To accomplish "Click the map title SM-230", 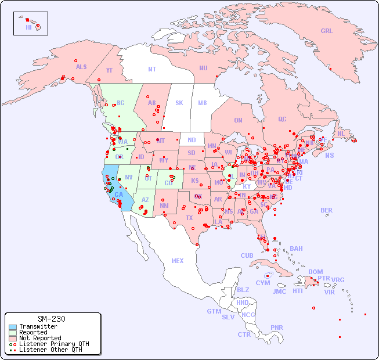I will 51,319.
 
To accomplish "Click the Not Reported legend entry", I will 40,338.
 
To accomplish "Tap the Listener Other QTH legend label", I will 50,350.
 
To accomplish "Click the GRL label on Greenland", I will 327,31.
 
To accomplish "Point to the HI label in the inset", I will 28,27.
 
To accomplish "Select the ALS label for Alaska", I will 81,67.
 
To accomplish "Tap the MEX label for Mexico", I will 178,261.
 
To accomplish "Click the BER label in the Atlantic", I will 326,210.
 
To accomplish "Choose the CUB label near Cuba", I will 247,255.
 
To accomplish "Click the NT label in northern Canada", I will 152,69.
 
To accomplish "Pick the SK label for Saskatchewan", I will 179,103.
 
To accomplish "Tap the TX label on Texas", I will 189,218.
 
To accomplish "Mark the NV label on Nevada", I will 129,177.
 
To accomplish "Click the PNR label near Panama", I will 277,327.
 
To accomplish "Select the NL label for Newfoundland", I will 341,134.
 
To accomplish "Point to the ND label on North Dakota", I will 192,140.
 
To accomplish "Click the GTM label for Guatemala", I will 214,311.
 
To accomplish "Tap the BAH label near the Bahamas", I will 296,249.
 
